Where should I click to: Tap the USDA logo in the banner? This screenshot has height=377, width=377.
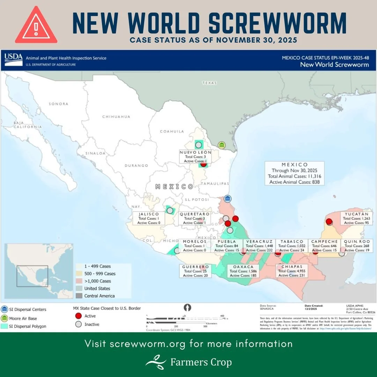click(x=14, y=60)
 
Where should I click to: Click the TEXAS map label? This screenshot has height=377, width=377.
click(x=209, y=83)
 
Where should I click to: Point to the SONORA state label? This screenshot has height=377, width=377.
click(x=58, y=104)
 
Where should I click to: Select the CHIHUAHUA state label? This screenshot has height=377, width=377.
click(x=116, y=117)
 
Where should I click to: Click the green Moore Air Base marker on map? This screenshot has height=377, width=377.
click(x=221, y=145)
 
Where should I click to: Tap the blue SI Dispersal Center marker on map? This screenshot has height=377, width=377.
click(x=228, y=199)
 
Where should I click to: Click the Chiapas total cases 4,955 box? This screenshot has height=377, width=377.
click(x=291, y=271)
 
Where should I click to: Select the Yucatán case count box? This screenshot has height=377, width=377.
click(x=354, y=218)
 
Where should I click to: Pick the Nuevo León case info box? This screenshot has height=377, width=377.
click(x=195, y=157)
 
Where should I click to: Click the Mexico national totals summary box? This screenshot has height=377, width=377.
click(x=295, y=173)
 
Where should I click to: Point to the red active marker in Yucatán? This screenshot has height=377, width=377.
click(x=329, y=222)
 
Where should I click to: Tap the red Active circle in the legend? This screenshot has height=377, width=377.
click(x=79, y=316)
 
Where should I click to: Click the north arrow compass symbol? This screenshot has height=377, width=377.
click(x=188, y=308)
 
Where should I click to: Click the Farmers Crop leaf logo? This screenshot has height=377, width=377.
click(x=156, y=362)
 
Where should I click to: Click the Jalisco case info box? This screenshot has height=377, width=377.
click(x=148, y=218)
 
